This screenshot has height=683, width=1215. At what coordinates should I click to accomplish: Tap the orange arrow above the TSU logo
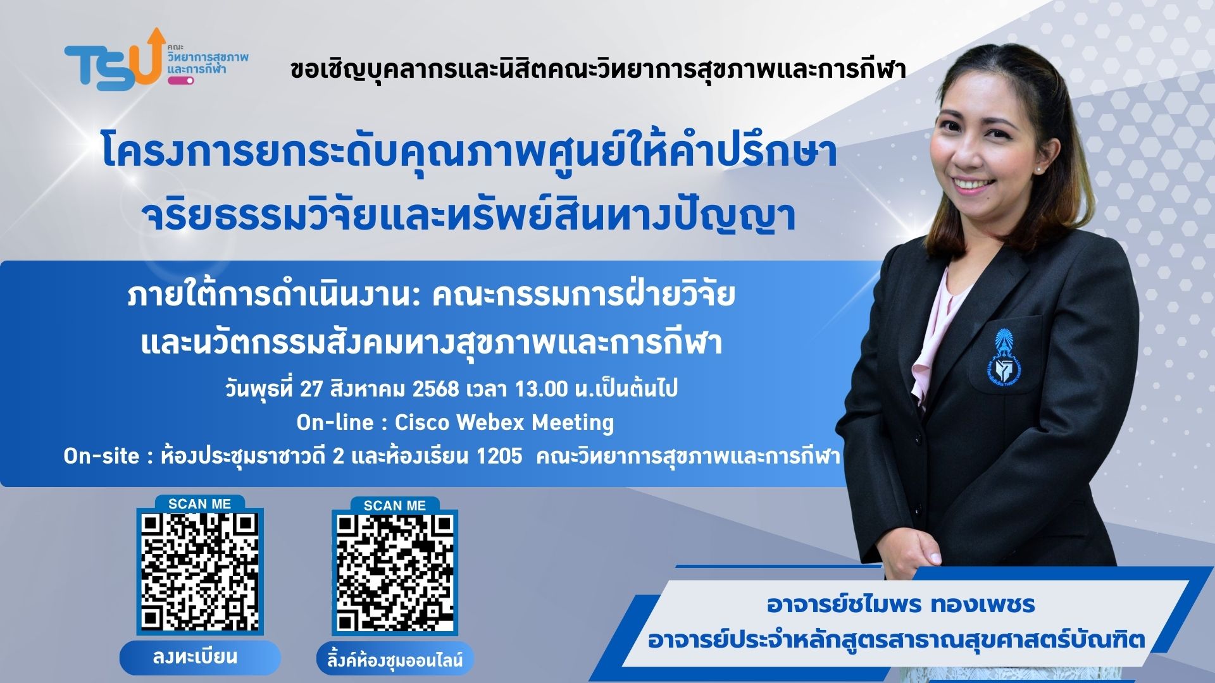pos(154,44)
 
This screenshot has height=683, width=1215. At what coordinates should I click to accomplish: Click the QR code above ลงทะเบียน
pos(200,572)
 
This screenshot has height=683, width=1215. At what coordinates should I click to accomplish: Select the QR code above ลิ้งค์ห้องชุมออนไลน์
pos(395,574)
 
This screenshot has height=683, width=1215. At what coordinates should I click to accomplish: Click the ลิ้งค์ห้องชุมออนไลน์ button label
pos(396,660)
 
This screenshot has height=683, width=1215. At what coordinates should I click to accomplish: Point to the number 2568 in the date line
pos(435,388)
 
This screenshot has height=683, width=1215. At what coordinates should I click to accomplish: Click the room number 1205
pos(499,455)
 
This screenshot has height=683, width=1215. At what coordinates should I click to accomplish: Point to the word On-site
pos(101,455)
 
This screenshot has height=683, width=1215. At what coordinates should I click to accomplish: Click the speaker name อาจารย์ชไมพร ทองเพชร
pos(901,605)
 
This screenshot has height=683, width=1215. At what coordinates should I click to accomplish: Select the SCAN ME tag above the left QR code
pos(200,503)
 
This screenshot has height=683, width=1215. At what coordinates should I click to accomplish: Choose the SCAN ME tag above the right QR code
pos(395,505)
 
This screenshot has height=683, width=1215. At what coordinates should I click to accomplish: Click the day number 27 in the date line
pos(311,388)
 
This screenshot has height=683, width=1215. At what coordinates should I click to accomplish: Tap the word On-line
pos(335,422)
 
